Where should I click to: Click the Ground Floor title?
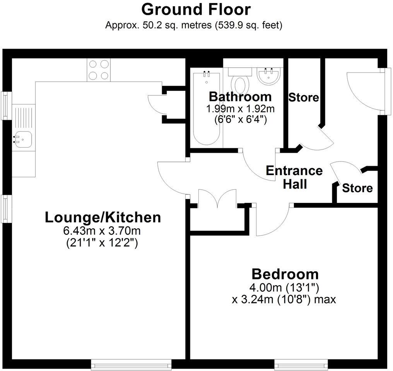click(196, 9)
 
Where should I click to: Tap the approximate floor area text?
click(194, 26)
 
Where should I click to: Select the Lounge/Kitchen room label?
click(103, 217)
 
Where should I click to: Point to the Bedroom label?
click(285, 274)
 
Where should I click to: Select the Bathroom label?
click(240, 96)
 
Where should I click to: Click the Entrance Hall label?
click(294, 177)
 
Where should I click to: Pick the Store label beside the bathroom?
click(304, 97)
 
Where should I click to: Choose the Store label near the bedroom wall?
click(357, 188)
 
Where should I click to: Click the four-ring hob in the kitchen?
click(99, 70)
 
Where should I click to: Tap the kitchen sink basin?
click(22, 139)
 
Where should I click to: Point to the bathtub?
click(207, 109)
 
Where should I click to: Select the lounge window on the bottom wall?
click(131, 364)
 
